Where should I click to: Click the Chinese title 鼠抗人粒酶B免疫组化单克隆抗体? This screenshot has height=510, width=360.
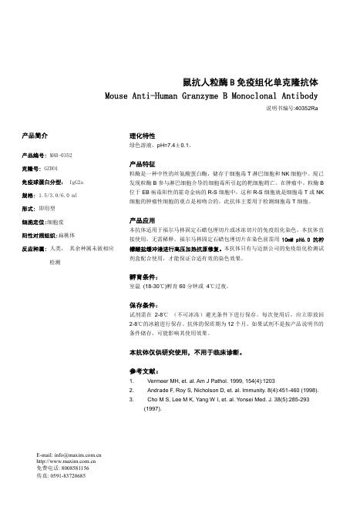tap(250, 82)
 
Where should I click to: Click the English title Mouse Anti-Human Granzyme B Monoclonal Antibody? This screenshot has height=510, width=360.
tap(210, 96)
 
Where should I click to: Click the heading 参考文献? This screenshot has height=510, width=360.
tap(146, 371)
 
